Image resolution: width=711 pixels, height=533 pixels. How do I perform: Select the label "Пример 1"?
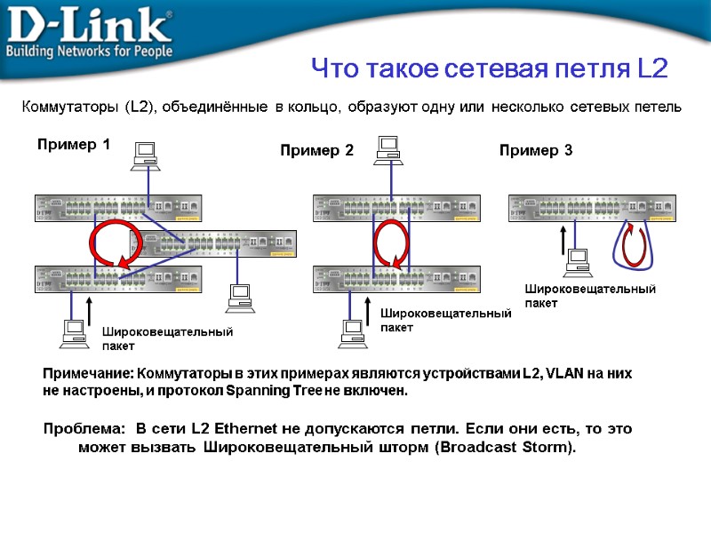[x=73, y=145]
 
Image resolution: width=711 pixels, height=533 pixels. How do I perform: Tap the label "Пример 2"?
[x=316, y=151]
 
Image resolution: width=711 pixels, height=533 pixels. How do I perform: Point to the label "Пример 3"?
[x=536, y=151]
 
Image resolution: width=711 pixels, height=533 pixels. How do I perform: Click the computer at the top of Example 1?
[x=145, y=155]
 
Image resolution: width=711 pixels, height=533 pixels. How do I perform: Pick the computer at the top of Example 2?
[x=389, y=148]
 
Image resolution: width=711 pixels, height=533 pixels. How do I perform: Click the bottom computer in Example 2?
[x=352, y=333]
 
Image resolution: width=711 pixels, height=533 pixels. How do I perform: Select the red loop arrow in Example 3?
[x=634, y=244]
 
